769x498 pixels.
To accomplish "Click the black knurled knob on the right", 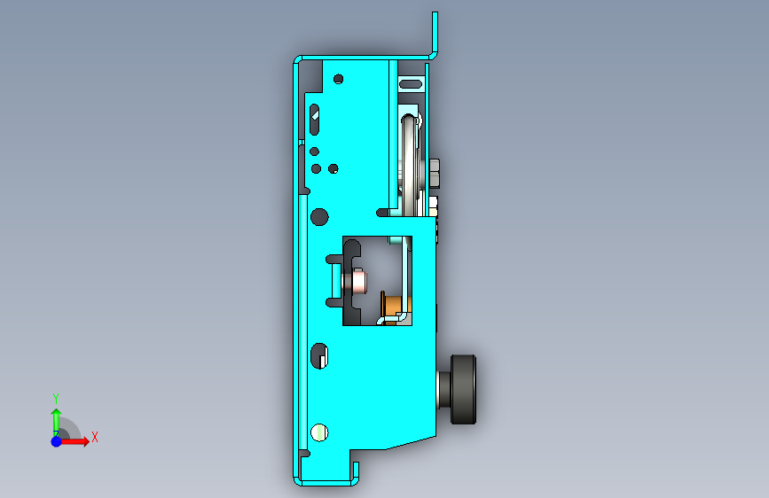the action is pos(463,389).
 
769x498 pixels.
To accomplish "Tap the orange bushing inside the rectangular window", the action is pos(393,306).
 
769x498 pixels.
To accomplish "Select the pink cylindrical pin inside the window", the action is pos(358,282).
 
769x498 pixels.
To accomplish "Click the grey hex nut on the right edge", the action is pos(435,173).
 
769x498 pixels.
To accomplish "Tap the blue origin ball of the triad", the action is pos(57,441).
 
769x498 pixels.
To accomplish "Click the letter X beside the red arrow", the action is pos(95,437).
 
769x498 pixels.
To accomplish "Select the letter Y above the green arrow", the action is pos(56,399).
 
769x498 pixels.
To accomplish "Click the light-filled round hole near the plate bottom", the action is pos(319,432).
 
